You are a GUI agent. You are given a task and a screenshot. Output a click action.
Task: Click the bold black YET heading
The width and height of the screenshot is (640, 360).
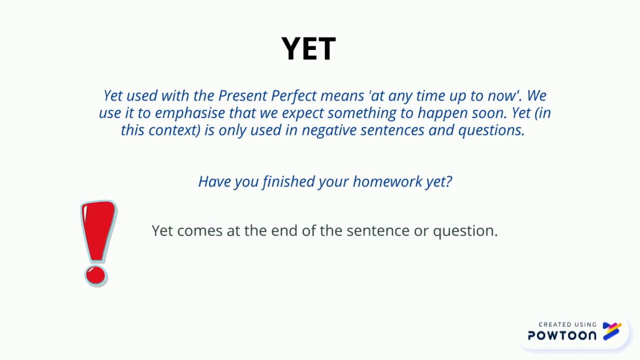(x=308, y=49)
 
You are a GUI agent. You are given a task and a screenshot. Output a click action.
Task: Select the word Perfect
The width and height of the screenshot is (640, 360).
(x=293, y=95)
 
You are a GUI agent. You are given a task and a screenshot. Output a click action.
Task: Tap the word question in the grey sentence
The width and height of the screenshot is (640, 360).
(x=464, y=231)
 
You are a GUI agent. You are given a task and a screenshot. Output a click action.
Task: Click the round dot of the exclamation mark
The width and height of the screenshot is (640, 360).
(x=95, y=275)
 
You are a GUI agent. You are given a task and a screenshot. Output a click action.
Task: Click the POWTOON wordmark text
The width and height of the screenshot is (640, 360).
(x=562, y=335)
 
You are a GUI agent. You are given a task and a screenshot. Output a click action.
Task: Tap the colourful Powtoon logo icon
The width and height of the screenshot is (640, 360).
(x=612, y=331)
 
